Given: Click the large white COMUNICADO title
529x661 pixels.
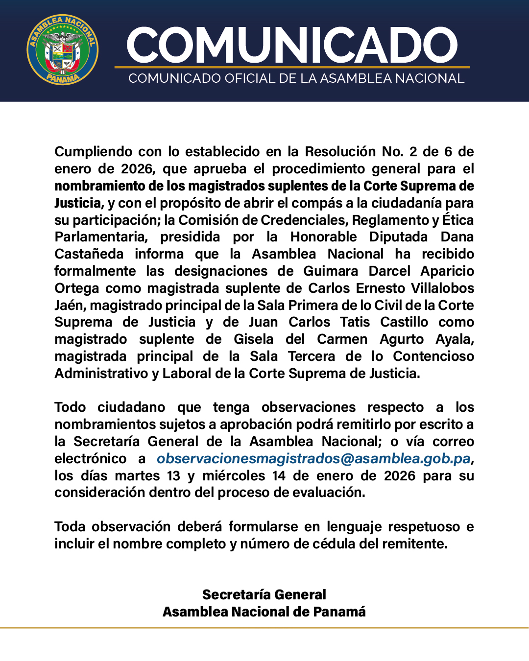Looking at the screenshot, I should tap(292, 45).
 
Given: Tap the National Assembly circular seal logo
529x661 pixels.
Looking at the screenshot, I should tap(63, 49).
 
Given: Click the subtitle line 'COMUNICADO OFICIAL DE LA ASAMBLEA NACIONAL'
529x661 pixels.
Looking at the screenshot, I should tap(296, 79).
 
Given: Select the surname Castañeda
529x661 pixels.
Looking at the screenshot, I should tap(89, 254).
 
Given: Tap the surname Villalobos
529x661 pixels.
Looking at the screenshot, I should tap(442, 288).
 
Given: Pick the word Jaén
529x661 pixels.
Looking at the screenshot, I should tap(70, 306).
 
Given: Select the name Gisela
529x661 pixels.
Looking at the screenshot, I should tap(253, 339).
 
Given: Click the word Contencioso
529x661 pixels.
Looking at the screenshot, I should tap(433, 356).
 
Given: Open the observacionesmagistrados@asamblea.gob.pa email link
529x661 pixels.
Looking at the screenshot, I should tap(313, 459).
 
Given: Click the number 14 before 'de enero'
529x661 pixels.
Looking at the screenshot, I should tap(279, 476).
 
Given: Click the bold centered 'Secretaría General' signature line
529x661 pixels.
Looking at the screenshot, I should tap(264, 595).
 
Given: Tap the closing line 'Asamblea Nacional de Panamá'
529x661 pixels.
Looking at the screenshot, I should tap(264, 612).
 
